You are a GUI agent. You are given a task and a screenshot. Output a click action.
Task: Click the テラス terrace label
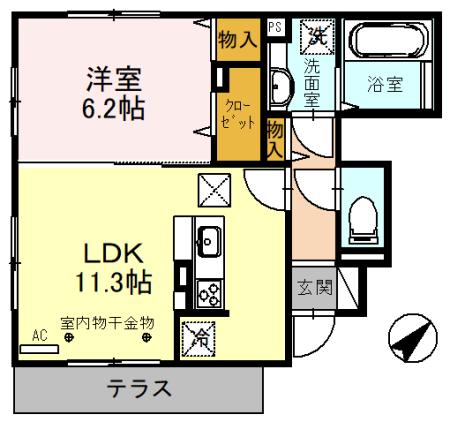[140, 389]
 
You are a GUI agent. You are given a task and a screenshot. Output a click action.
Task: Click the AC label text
[39, 336]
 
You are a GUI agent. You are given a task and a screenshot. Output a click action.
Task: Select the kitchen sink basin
[210, 241]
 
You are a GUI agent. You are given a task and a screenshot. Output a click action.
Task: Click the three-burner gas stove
[210, 292]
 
